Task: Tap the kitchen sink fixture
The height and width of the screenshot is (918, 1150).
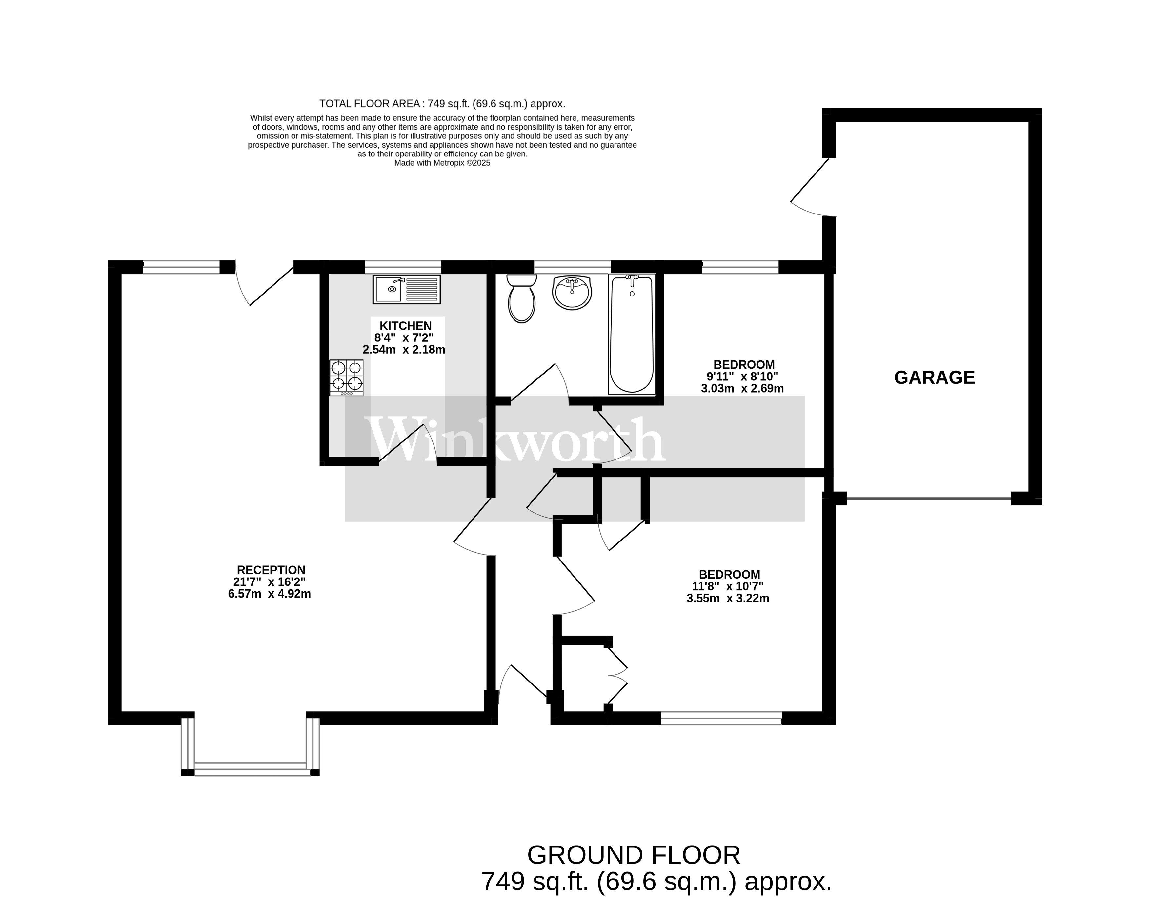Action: pos(406,290)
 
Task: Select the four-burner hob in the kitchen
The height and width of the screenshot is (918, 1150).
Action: pos(346,377)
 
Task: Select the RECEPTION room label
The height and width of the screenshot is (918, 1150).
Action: pos(271,570)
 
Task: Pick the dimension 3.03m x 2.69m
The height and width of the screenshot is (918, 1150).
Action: pos(742,388)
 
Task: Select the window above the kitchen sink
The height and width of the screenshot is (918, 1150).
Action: pos(403,267)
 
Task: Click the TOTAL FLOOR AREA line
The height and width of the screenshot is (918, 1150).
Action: pos(442,104)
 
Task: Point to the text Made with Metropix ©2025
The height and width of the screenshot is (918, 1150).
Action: pos(442,163)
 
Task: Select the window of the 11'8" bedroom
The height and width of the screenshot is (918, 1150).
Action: pos(721,718)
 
